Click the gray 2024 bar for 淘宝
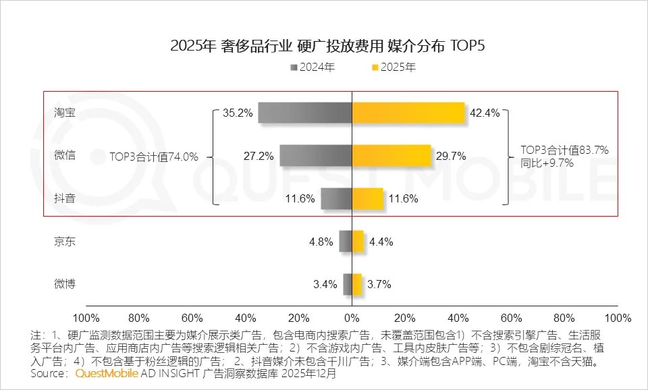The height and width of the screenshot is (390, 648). pos(304,113)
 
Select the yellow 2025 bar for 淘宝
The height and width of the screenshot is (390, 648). pos(408,113)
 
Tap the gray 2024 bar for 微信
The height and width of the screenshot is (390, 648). pos(315,156)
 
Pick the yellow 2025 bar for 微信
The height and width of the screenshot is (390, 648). pos(391,156)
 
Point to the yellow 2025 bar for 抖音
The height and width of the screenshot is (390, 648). pos(367,198)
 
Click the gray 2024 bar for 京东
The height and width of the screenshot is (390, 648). pos(345,241)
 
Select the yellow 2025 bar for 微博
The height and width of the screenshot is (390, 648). pos(357,284)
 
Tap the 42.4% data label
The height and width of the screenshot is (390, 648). pos(485,113)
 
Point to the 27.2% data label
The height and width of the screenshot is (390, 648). pos(259,157)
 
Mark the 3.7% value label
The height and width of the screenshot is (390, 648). pos(379,285)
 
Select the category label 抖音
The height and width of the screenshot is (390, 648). pos(65,198)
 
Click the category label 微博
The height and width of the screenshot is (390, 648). pos(65,284)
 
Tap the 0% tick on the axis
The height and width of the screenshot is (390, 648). pos(352,317)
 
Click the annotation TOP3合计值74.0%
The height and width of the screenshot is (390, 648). pos(154,157)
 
